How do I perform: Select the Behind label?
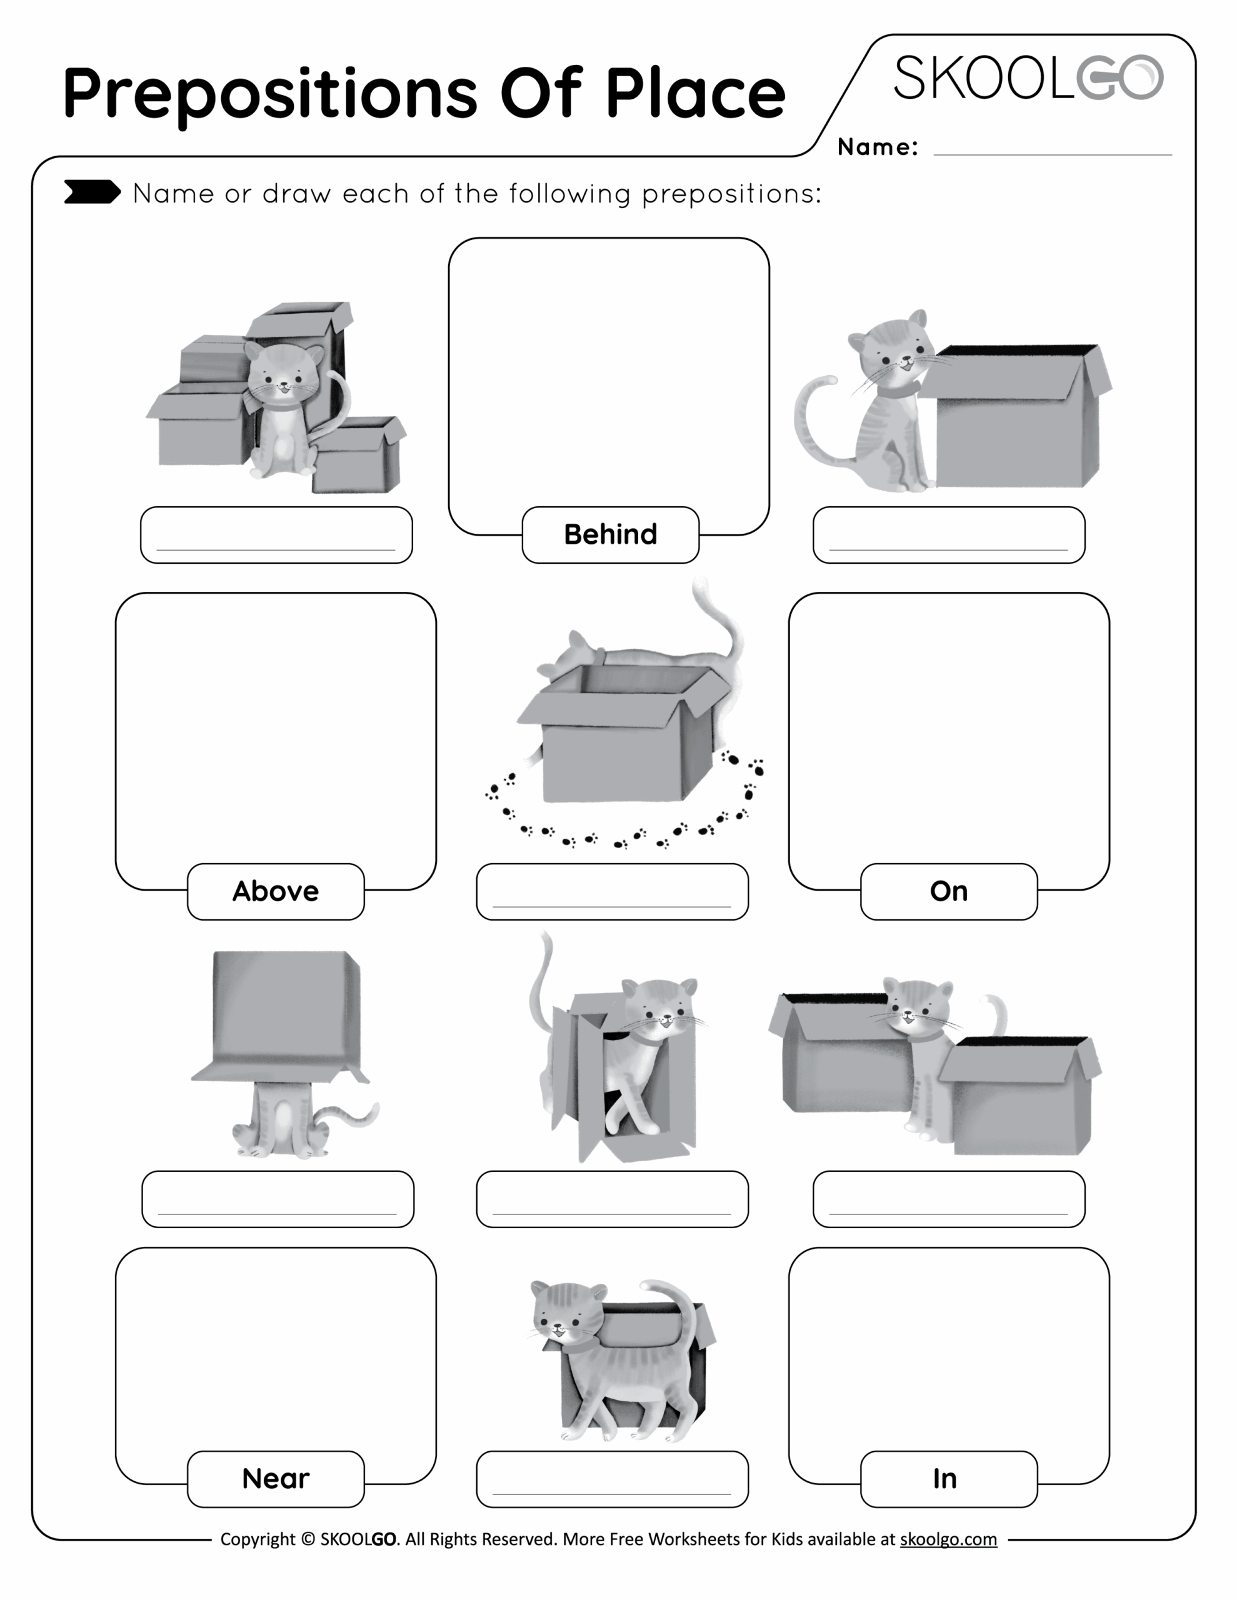[609, 535]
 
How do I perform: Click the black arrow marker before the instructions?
[92, 192]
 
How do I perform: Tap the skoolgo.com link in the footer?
[948, 1539]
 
